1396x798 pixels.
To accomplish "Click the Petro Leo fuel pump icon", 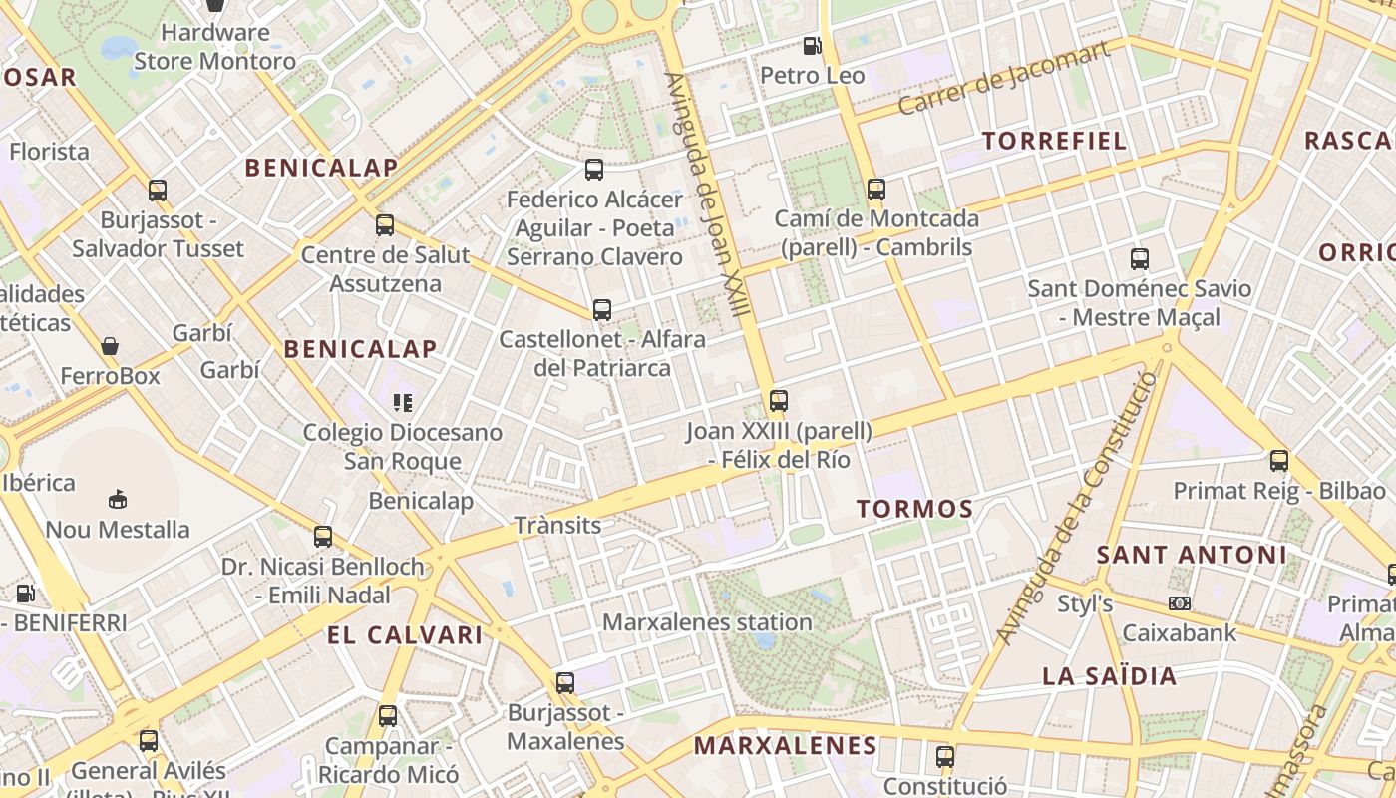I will [813, 46].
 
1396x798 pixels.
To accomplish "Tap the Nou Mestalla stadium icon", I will [118, 499].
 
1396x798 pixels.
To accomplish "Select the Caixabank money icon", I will [1180, 603].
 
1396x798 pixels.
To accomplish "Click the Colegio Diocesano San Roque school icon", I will [403, 403].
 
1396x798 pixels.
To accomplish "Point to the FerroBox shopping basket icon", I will [110, 346].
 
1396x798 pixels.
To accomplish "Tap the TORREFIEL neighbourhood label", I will [1054, 141].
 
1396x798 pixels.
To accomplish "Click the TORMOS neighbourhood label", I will [914, 509].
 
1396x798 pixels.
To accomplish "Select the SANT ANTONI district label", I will [1192, 555].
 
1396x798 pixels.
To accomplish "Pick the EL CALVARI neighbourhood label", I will [405, 635].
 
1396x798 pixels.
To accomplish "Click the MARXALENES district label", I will [785, 745].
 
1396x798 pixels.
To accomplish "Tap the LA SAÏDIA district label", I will [1109, 676].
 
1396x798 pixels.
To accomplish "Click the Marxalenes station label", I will [707, 622].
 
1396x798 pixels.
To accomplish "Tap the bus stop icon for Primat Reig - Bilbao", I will [1279, 461].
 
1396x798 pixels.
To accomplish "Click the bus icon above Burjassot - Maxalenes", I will [565, 683].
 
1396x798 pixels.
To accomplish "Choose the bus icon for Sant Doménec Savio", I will [1140, 259].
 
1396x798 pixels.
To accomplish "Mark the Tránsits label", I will [557, 526].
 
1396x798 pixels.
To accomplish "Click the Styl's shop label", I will [1085, 603].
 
